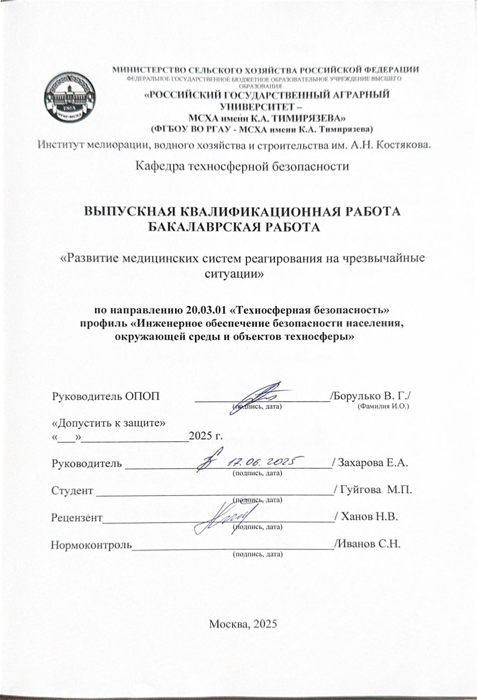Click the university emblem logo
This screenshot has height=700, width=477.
(70, 98)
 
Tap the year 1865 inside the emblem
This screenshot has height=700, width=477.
(70, 109)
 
